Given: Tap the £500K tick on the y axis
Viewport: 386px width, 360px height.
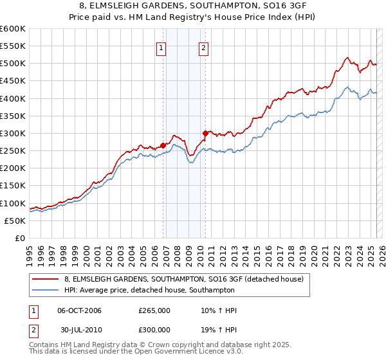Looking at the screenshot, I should point(13,64).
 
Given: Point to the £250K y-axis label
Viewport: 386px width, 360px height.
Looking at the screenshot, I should point(13,151).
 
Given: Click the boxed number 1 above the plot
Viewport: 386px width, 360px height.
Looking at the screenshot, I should point(161,46).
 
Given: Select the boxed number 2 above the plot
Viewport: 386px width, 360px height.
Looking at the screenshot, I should point(203,46).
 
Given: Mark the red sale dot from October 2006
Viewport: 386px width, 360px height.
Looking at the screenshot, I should point(163,145).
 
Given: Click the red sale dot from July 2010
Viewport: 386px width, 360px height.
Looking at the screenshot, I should point(205,133).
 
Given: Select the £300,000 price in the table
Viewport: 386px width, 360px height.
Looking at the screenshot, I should point(154,328).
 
